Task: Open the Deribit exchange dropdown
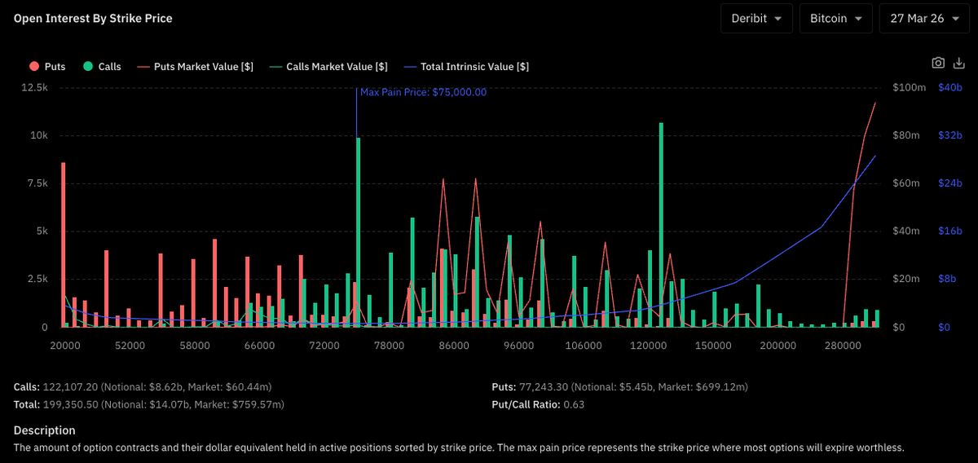point(756,19)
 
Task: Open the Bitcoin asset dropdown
point(835,19)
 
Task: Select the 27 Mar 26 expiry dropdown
point(924,19)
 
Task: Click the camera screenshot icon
point(938,63)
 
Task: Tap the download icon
point(958,63)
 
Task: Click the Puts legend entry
point(47,66)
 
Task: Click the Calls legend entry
point(102,66)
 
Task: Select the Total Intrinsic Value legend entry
point(466,66)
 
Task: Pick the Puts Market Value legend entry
point(195,66)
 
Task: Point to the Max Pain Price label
point(423,92)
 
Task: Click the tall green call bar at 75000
point(359,232)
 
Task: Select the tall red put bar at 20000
point(64,245)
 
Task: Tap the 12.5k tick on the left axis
point(34,87)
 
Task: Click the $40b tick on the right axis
point(950,87)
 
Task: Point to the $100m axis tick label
point(909,87)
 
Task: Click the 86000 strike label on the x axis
point(454,346)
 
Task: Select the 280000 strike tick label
point(843,346)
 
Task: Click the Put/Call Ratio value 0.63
point(574,404)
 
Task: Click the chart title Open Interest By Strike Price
point(93,19)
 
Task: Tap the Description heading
point(45,430)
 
